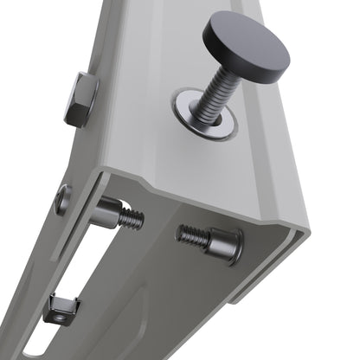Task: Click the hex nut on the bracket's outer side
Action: pos(80,99)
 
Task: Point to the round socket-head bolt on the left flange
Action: pos(63,200)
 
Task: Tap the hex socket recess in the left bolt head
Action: pos(62,200)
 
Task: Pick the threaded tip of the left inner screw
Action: pos(131,220)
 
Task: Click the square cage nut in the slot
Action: pos(61,308)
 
